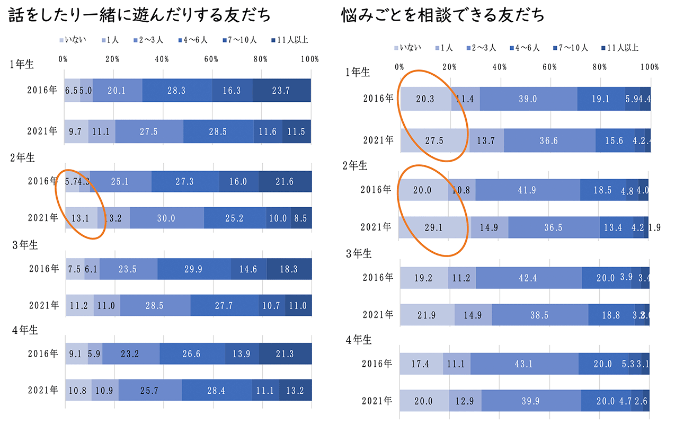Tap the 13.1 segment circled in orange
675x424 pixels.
coord(81,217)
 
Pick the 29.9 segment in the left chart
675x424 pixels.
coord(194,269)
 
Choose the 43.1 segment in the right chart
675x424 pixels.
coord(524,364)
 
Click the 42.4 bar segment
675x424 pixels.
coord(528,277)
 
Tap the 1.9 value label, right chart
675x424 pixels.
coord(655,227)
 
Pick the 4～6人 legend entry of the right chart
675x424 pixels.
coord(525,48)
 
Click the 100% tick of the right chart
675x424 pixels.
coord(650,67)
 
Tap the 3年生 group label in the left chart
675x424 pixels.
coord(24,245)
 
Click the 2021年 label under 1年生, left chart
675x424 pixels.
coord(43,131)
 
